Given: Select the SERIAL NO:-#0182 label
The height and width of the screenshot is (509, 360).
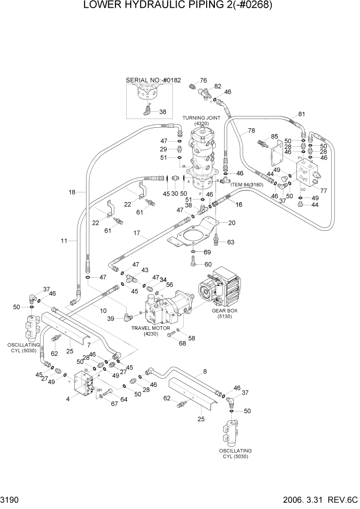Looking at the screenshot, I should coord(153,81).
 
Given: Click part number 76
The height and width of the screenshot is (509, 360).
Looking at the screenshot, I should coord(203,81).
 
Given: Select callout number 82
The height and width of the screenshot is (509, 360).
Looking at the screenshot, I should coord(217,86).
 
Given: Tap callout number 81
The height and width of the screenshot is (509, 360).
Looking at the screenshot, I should coord(302,114).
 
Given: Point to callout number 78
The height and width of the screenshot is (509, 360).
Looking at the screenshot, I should coord(251,130).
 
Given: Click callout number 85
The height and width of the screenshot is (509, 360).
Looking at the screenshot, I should coord(274,137).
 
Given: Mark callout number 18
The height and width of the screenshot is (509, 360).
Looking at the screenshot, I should coord(72,192).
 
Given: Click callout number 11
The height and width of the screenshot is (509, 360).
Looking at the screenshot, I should coord(64,240).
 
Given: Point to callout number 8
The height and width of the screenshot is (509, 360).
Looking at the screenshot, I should coord(205,371).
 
